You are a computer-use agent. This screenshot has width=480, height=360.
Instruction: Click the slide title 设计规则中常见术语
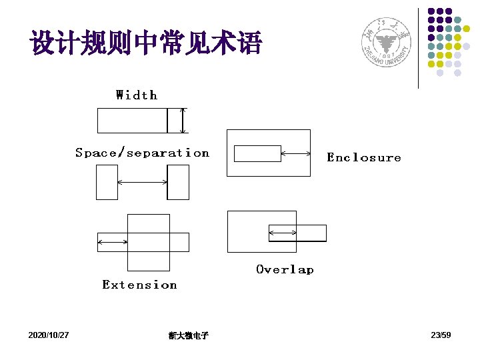click(146, 43)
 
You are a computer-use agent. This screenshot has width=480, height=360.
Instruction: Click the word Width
click(137, 95)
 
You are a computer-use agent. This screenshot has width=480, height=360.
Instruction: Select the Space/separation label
click(142, 153)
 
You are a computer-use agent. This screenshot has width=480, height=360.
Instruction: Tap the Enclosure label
click(364, 158)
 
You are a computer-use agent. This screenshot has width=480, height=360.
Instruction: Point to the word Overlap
click(285, 269)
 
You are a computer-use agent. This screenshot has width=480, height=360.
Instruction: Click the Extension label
click(139, 285)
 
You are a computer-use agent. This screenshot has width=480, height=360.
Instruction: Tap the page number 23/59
click(441, 335)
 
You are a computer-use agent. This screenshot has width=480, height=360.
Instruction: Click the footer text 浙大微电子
click(189, 335)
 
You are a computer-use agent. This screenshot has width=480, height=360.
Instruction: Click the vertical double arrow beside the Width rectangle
click(184, 121)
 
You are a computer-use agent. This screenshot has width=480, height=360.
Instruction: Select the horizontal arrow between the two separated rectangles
click(142, 182)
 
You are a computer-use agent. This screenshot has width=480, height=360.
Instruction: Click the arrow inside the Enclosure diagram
click(296, 153)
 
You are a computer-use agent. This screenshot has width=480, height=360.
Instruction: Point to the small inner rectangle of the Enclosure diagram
click(257, 153)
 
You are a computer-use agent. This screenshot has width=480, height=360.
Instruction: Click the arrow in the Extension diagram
click(113, 241)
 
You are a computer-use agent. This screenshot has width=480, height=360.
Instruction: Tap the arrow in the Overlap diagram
click(283, 232)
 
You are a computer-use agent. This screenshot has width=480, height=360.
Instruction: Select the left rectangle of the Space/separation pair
click(107, 182)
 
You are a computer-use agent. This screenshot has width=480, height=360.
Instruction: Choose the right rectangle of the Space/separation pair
click(178, 182)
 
